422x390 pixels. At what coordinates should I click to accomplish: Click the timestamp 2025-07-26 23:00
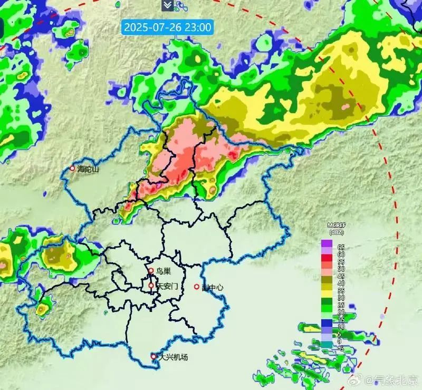click(x=167, y=26)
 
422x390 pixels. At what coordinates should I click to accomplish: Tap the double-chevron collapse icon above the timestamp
click(x=167, y=5)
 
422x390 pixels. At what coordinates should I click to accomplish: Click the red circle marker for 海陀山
click(x=73, y=169)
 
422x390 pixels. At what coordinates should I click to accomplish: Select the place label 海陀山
click(x=89, y=169)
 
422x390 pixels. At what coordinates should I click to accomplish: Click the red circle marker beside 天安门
click(x=151, y=286)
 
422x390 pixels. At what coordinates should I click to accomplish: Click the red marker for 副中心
click(x=197, y=287)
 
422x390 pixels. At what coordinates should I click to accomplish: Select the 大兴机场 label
click(x=174, y=357)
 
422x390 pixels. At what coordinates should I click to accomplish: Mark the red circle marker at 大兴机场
click(x=154, y=357)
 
